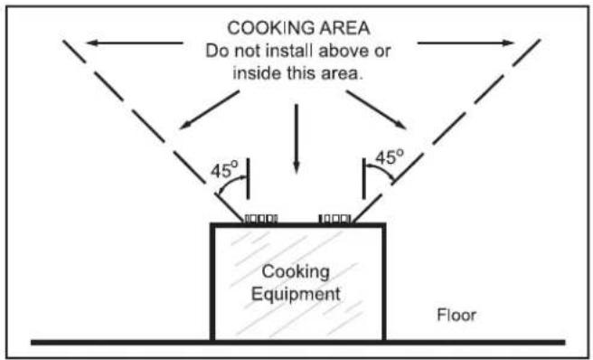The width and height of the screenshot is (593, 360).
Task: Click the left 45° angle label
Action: coord(225,170)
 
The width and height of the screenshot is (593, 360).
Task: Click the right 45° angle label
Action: coord(390,156)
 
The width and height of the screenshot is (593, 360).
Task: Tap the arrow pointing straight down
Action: coord(296,139)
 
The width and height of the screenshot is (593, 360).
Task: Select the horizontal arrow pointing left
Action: coord(135,43)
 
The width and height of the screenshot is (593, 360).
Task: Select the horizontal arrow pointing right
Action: coord(466,43)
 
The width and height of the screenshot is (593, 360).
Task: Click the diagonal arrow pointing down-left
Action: coord(209,109)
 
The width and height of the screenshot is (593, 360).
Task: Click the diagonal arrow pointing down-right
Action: coord(376,109)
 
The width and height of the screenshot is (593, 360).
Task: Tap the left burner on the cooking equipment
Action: coord(261,219)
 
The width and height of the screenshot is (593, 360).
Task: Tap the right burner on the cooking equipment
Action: coord(335,219)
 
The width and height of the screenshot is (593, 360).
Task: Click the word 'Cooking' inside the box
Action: coord(296,272)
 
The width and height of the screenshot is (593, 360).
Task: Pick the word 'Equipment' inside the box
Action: coord(296,295)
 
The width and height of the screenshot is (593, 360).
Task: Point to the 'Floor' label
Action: coord(457,315)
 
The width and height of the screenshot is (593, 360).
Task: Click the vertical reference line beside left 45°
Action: coord(248,179)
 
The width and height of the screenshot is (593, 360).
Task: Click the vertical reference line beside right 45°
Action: coord(363,179)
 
